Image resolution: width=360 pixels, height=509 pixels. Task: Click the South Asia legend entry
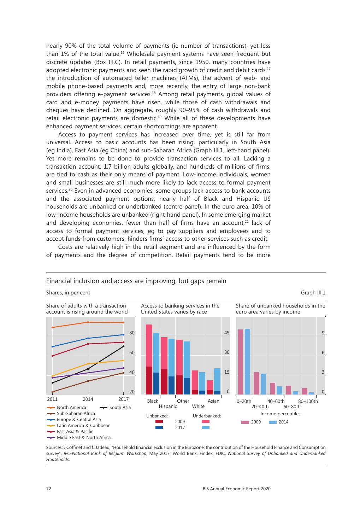click(x=120, y=408)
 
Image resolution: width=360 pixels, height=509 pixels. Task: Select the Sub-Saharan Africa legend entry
click(x=76, y=414)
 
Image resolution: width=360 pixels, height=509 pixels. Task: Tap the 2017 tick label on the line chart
click(x=123, y=399)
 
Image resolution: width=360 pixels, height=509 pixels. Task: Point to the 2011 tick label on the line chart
click(x=52, y=399)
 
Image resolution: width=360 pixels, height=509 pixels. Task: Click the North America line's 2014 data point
click(x=88, y=322)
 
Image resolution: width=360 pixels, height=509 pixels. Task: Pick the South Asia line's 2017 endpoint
click(x=123, y=346)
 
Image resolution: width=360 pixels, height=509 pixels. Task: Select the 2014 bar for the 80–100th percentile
click(x=312, y=393)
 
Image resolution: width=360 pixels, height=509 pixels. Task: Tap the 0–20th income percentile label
click(x=244, y=402)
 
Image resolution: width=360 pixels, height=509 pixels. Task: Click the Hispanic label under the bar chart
click(x=168, y=406)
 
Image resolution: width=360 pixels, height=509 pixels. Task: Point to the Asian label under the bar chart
click(x=213, y=401)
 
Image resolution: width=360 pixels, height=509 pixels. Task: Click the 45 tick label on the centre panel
click(x=227, y=333)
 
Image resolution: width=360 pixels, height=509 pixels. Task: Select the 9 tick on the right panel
click(x=323, y=333)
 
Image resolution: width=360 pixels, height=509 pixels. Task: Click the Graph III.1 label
click(x=313, y=293)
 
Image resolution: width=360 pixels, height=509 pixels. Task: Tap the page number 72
click(x=49, y=489)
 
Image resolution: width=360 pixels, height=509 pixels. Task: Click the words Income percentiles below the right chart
click(x=280, y=414)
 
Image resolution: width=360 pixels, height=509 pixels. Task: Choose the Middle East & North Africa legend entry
click(x=83, y=438)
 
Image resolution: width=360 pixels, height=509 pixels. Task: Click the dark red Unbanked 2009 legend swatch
click(x=159, y=421)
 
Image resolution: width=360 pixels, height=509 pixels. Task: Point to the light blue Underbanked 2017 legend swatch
click(x=206, y=428)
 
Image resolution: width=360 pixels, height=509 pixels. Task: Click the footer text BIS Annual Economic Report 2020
click(x=236, y=489)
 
